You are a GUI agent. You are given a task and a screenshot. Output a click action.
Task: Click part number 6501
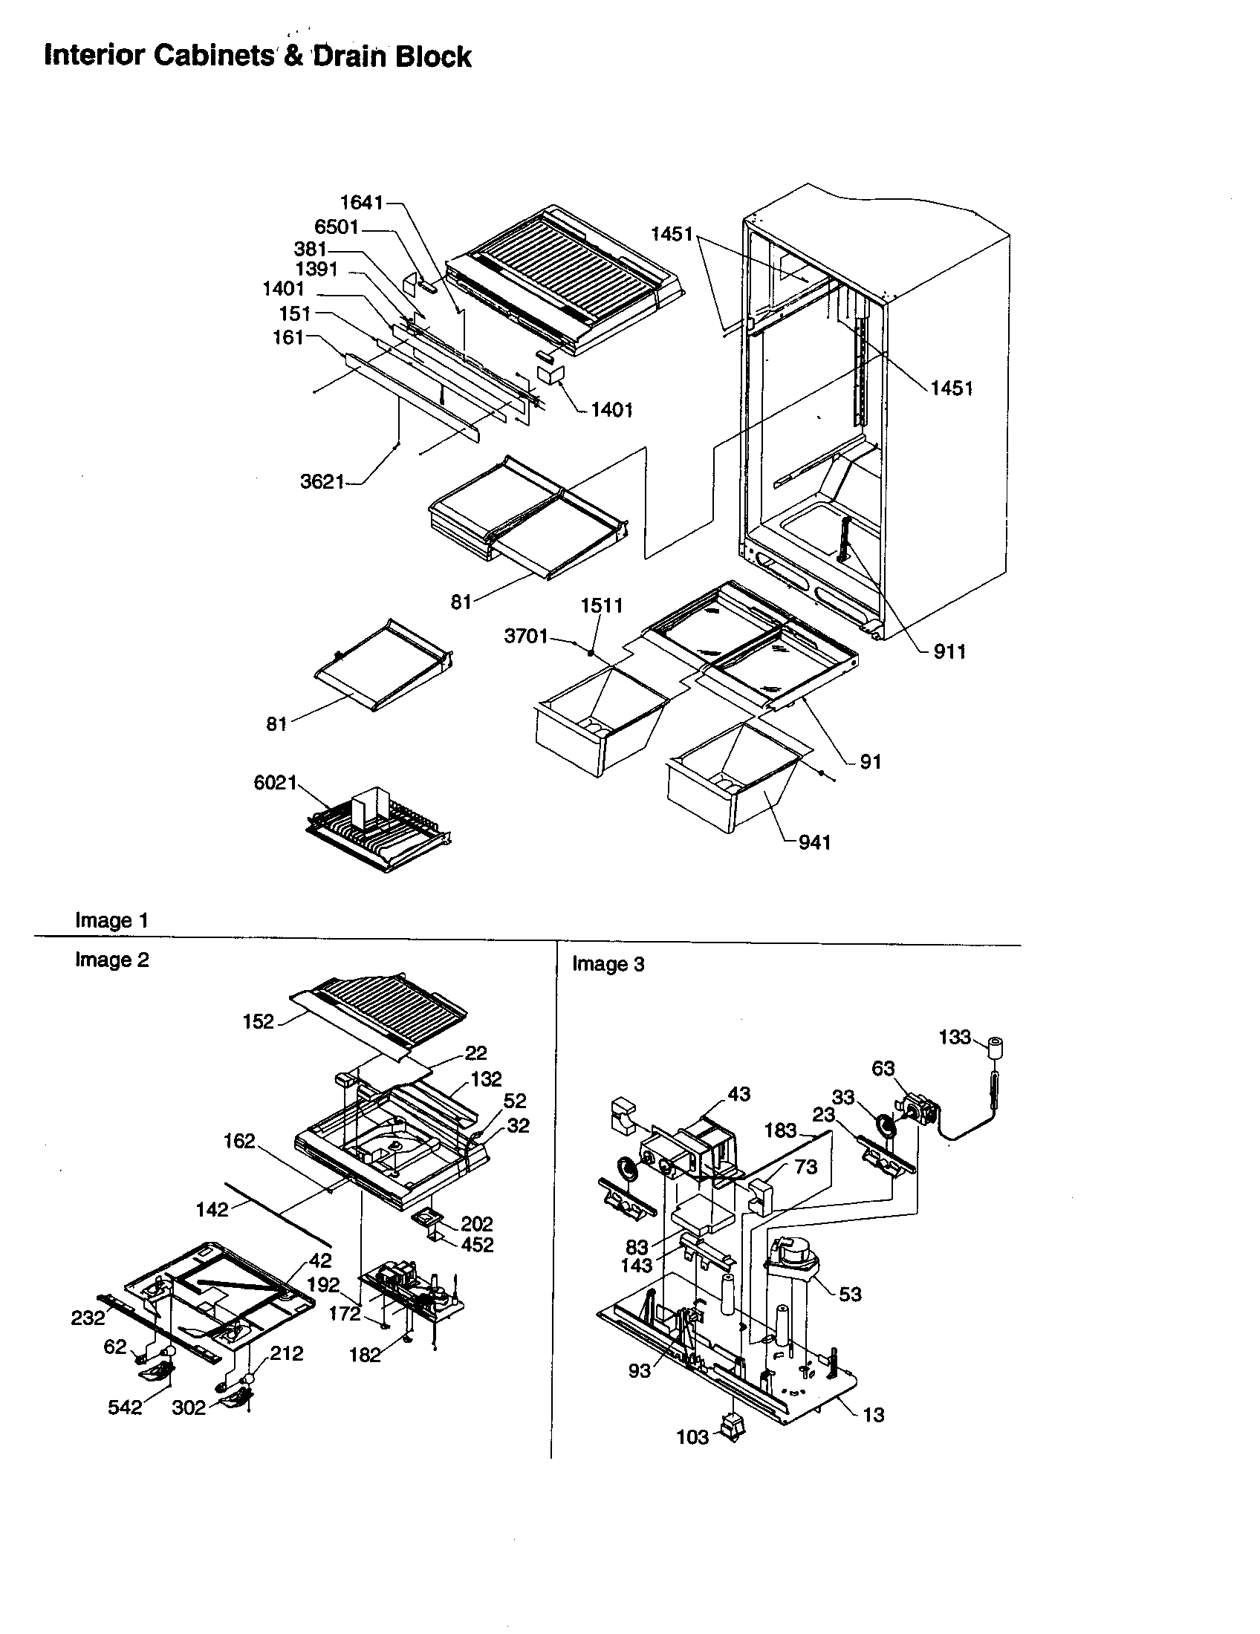[337, 227]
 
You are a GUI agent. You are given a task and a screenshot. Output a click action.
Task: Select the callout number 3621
[322, 482]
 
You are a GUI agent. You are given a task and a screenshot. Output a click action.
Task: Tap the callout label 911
[949, 651]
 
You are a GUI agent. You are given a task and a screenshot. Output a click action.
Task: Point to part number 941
[814, 842]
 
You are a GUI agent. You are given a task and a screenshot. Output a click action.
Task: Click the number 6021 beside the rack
[276, 783]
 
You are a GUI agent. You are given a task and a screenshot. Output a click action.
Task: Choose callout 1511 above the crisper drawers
[602, 605]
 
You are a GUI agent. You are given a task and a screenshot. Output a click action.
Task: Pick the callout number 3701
[526, 637]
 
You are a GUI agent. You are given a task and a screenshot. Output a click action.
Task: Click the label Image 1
[111, 920]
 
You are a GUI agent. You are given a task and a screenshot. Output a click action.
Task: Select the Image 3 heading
[608, 964]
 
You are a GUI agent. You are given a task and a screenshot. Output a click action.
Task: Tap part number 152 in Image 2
[258, 1022]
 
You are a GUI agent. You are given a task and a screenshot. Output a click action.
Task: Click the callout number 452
[477, 1245]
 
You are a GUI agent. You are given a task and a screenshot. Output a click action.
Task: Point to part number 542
[124, 1407]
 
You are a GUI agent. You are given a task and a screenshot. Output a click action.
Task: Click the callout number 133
[954, 1037]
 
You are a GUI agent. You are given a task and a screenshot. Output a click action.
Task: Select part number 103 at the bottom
[692, 1437]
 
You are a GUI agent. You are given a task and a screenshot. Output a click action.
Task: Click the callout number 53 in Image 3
[850, 1295]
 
